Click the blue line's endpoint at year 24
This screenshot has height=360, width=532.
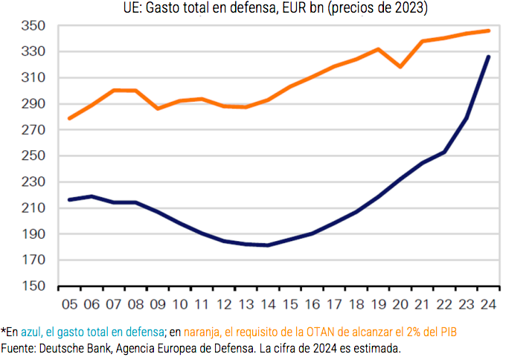487,57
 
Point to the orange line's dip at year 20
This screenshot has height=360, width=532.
401,67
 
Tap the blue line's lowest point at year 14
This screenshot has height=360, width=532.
266,245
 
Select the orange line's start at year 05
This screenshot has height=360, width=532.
68,118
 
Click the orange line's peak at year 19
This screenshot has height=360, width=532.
379,49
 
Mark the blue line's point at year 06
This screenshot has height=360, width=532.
90,196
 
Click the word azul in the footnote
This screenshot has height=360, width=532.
31,331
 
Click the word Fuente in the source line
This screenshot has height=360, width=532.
19,347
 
